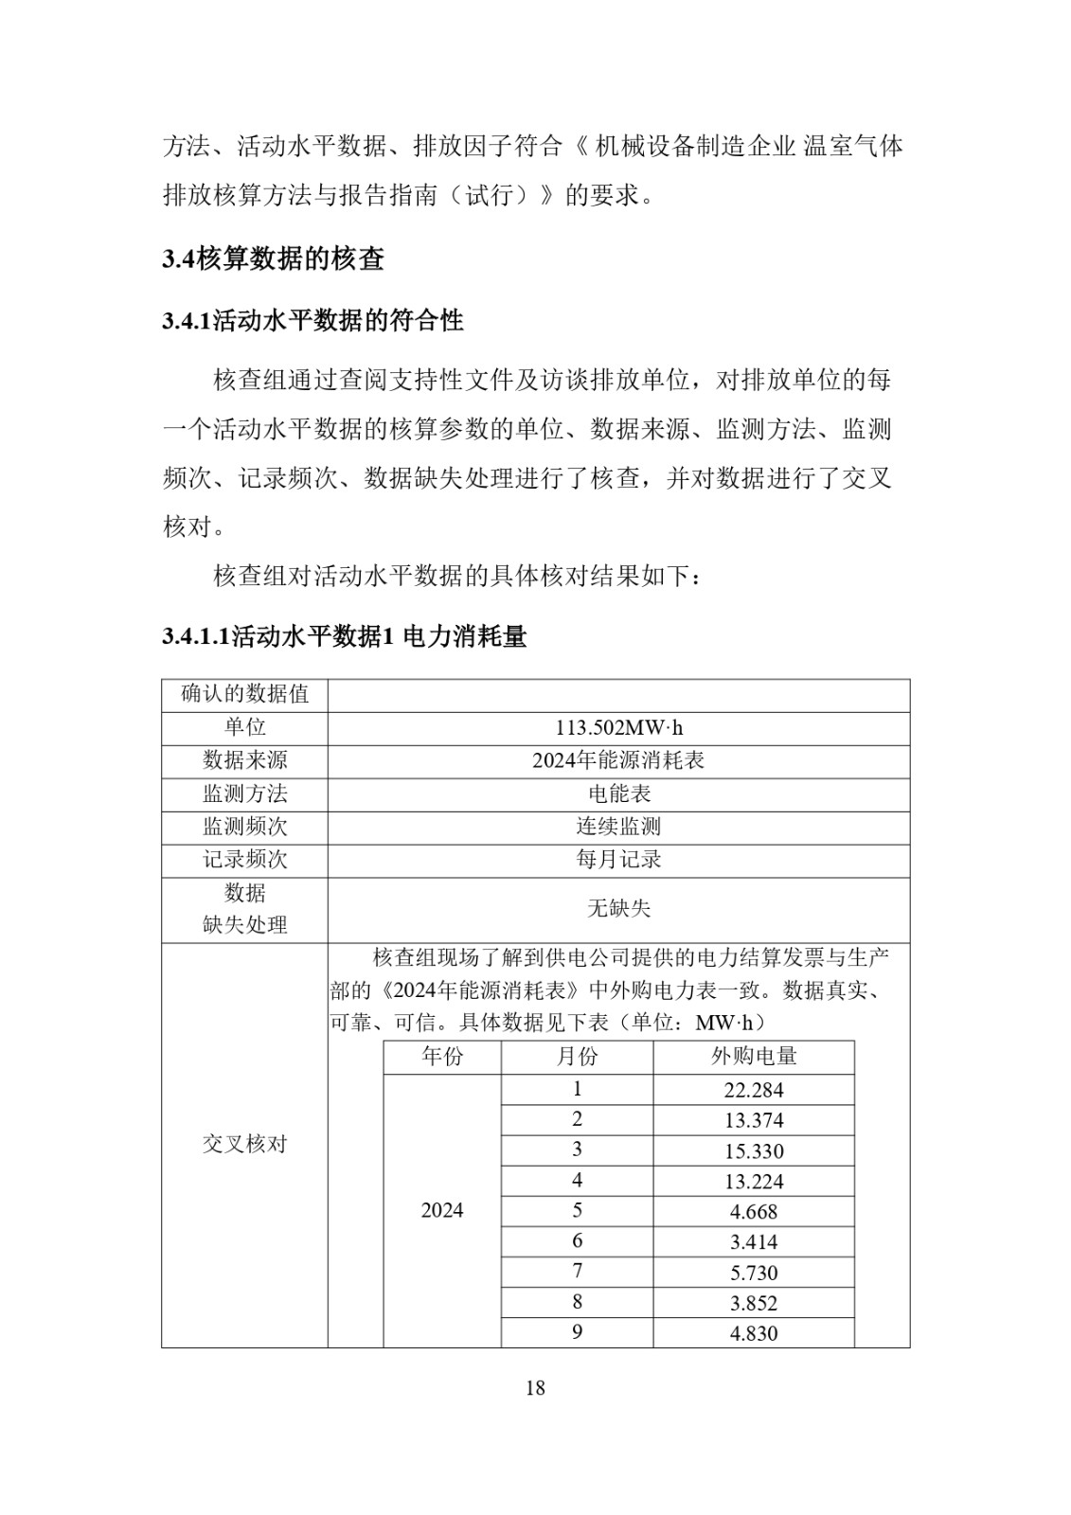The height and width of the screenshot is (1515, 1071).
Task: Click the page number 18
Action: coord(535,1388)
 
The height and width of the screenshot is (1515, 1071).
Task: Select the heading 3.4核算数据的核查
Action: coord(273,258)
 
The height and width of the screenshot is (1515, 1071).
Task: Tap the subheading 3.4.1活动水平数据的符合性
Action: coord(312,321)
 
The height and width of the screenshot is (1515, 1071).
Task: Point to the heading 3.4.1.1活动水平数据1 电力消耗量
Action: coord(344,636)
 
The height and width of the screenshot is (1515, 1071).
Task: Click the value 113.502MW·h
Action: coord(618,728)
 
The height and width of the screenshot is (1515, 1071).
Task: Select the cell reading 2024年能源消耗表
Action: coord(618,760)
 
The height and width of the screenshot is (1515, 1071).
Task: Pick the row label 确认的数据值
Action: coord(244,694)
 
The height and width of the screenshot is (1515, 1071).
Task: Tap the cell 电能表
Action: coord(618,793)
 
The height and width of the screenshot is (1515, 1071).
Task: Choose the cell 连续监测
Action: coord(618,827)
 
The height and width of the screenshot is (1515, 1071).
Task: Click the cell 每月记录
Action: coord(618,860)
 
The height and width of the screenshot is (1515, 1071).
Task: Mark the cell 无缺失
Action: coord(618,909)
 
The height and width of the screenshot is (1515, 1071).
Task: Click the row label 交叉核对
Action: coord(244,1144)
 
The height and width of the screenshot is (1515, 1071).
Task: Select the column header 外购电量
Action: coord(754,1057)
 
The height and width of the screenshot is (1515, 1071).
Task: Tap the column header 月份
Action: coord(577,1057)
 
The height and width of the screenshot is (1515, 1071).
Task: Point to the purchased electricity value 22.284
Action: coord(754,1090)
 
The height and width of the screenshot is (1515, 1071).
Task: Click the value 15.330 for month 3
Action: coord(754,1151)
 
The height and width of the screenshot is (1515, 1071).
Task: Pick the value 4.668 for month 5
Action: coord(754,1212)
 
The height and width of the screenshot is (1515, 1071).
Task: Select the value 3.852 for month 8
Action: coord(754,1303)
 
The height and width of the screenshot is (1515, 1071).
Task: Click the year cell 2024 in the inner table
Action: coord(442,1210)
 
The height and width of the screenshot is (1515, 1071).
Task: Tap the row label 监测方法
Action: coord(244,793)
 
